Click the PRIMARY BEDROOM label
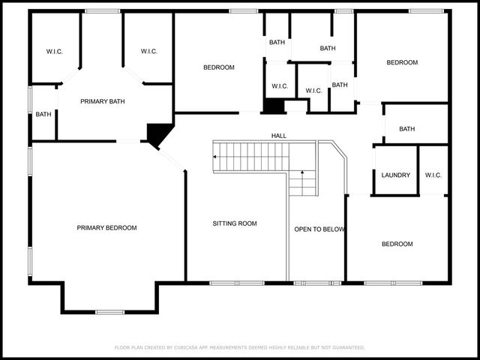[x=106, y=227]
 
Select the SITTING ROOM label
[x=234, y=223]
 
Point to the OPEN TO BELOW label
[x=319, y=229]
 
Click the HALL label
[x=279, y=136]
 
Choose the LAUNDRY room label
[x=395, y=175]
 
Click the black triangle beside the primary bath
[x=157, y=133]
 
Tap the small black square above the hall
[x=273, y=106]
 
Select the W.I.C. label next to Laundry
[x=433, y=175]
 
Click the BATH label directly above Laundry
[x=406, y=129]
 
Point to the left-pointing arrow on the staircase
[x=217, y=157]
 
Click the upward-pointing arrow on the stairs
[x=302, y=175]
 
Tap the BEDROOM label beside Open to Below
[x=397, y=244]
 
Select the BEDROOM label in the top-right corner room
[x=402, y=62]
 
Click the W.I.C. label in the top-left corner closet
[x=54, y=52]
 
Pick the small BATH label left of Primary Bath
[x=43, y=115]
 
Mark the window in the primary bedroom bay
[x=109, y=311]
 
